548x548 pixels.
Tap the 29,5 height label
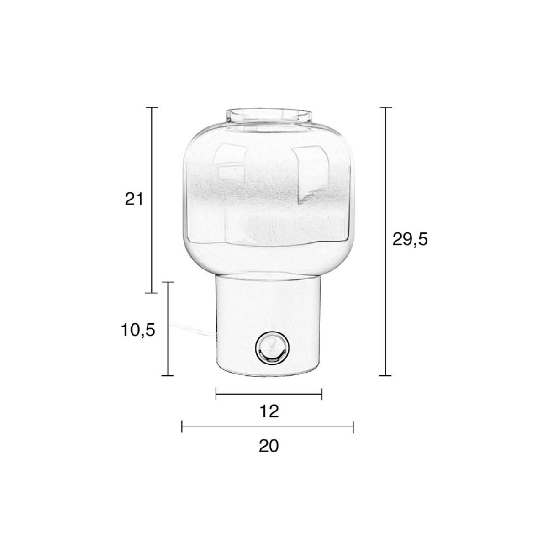(410, 240)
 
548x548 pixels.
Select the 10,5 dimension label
(138, 330)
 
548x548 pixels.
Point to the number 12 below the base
(269, 411)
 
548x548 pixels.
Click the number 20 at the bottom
(269, 446)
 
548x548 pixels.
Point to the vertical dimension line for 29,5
(385, 242)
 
